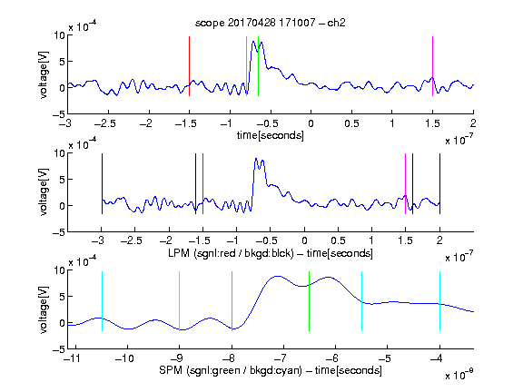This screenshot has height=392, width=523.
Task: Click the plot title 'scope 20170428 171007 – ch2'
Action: coord(270,23)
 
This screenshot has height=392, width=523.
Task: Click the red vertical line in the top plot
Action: coord(189,66)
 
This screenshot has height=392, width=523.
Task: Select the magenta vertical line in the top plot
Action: coord(432,66)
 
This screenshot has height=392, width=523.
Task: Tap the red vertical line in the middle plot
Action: coord(202,183)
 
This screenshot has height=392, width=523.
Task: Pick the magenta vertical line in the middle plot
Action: coord(405,183)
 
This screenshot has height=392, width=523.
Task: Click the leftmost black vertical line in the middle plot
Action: coord(102,183)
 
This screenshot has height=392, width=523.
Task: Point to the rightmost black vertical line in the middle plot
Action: coord(439,183)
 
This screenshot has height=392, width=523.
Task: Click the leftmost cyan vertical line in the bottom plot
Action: coord(102,301)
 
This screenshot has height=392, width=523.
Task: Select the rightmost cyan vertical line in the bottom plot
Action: coord(439,301)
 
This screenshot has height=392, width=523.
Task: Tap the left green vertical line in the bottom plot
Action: coord(232,301)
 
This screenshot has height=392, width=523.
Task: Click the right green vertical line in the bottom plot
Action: coord(310,301)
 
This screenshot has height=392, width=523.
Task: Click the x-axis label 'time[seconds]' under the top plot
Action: coord(271,135)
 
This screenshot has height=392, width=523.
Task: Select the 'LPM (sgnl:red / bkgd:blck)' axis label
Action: coord(231,253)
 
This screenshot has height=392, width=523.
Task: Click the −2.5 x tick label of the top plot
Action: coord(105,123)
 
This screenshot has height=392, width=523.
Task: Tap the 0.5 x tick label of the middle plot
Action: coord(338,240)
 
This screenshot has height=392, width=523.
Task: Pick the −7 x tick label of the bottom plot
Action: coord(281,358)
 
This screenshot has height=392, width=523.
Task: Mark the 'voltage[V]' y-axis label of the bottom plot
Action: coord(44,309)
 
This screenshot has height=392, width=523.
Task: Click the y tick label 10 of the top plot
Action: coord(60,35)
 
